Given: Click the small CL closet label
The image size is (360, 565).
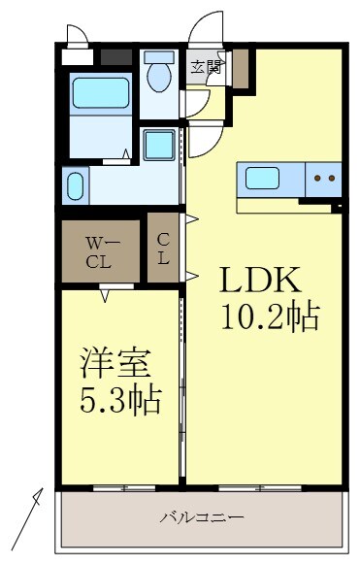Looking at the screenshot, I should point(163,249).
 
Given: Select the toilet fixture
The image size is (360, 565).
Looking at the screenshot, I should point(157,72).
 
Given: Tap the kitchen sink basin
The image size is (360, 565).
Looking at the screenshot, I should point(263,179).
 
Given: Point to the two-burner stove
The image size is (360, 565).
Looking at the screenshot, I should point(324,179).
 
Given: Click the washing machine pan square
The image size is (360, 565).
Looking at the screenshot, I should point(158,146).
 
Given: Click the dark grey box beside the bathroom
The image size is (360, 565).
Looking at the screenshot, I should point(115,56).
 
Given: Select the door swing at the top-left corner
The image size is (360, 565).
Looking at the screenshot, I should point(77,34).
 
